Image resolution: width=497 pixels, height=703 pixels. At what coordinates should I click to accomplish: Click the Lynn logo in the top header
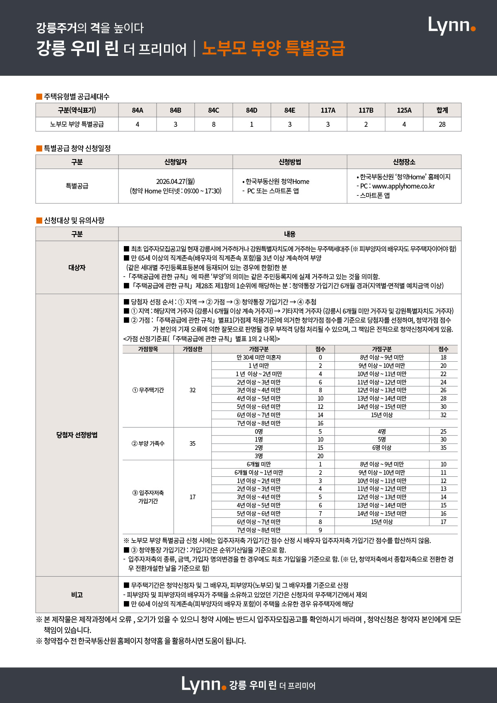[x=451, y=26]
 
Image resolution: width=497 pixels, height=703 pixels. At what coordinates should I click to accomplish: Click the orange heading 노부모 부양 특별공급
[x=273, y=48]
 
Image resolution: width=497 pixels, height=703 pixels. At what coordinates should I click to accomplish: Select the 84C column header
[x=214, y=110]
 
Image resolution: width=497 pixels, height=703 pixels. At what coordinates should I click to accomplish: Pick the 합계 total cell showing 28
[x=442, y=124]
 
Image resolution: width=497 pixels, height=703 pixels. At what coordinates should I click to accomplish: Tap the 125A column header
[x=404, y=110]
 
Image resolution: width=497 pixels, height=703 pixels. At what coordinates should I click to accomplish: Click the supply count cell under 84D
[x=251, y=124]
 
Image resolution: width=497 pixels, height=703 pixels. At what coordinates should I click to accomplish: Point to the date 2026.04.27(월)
[x=175, y=181]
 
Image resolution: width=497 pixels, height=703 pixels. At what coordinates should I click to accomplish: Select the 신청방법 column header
[x=290, y=162]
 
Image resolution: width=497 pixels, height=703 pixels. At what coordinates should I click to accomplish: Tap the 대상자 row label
[x=77, y=268]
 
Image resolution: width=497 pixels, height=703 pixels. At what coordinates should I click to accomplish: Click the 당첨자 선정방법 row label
[x=77, y=435]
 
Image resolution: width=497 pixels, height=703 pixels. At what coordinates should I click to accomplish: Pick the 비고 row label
[x=77, y=595]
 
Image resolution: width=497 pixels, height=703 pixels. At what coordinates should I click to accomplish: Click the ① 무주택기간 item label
[x=148, y=390]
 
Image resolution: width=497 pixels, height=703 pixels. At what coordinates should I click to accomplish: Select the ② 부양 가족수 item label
[x=148, y=444]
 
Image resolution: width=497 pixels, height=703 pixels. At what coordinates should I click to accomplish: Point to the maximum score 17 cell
[x=193, y=497]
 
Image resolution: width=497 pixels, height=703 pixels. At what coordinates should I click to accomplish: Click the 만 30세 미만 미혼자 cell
[x=258, y=358]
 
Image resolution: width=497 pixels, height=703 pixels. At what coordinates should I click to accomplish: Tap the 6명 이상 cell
[x=381, y=448]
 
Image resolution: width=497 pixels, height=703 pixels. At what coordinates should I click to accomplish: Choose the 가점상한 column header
[x=193, y=349]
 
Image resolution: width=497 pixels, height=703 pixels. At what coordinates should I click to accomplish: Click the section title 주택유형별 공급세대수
[x=77, y=97]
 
